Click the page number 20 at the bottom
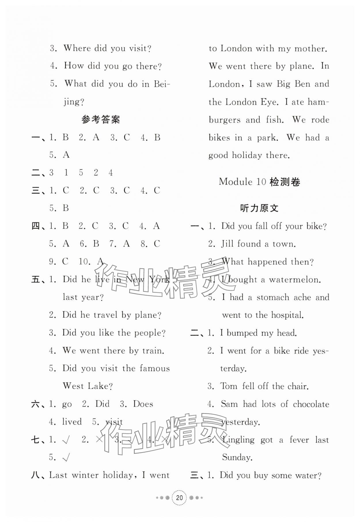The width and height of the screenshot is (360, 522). tap(179, 498)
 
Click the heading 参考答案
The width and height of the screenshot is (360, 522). tap(101, 119)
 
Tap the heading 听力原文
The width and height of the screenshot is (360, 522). tap(259, 208)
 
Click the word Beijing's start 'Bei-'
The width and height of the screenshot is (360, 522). tap(162, 84)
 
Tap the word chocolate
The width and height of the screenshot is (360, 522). tap(311, 404)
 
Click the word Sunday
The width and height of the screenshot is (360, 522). tap(237, 458)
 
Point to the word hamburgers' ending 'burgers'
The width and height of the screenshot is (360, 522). tap(225, 120)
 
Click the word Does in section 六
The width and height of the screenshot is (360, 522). tap(143, 404)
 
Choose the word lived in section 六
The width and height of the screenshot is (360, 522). tap(72, 422)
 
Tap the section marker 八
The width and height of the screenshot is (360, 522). tap(36, 475)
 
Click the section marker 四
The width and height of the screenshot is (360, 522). tap(36, 226)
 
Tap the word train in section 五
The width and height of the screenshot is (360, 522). tap(153, 351)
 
